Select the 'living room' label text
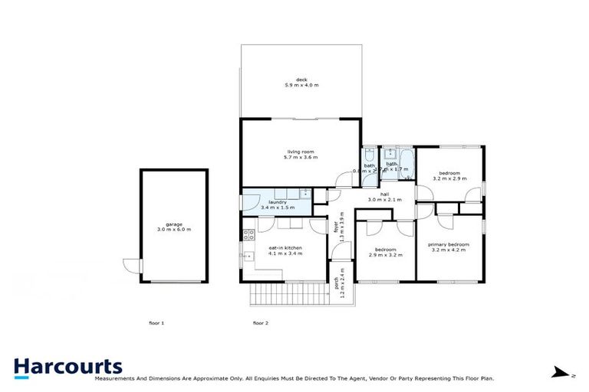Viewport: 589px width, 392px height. pos(301,152)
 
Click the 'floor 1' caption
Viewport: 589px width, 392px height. pos(156,323)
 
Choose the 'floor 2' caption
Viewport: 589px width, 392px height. pos(261,323)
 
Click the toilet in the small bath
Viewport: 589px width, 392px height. pos(368,153)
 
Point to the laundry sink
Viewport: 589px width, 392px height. pos(304,194)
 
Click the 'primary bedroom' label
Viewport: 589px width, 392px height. pos(449,244)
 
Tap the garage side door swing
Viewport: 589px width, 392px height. pos(132,266)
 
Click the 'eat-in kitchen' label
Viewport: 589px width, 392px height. pos(285,248)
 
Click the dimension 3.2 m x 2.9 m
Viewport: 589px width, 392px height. pos(449,178)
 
